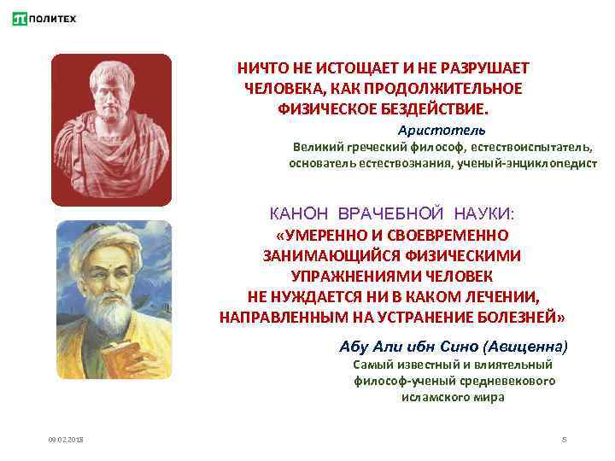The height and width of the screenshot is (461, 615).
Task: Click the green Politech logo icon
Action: click(x=18, y=18)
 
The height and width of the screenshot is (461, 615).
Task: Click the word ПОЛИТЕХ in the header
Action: click(x=52, y=18)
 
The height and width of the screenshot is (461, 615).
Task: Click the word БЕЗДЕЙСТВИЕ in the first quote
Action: click(x=435, y=108)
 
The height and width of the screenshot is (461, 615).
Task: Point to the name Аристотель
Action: click(x=441, y=130)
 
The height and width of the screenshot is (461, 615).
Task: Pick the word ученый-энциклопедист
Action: click(x=528, y=162)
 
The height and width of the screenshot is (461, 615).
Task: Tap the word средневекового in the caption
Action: click(x=512, y=381)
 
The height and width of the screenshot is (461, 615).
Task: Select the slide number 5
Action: click(x=565, y=439)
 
